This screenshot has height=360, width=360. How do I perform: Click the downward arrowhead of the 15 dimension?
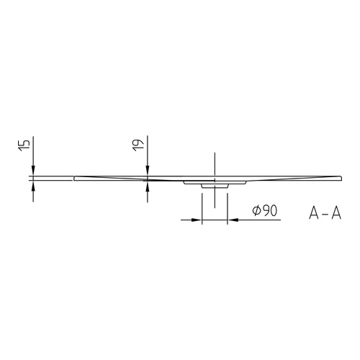(32, 171)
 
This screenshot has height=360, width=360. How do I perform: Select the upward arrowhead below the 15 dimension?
(32, 184)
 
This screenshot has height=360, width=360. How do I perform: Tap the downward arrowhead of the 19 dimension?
(148, 171)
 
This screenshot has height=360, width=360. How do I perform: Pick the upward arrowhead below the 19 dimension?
(148, 186)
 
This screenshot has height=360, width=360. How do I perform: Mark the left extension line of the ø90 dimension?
(202, 205)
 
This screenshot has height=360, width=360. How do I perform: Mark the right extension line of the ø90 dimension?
(228, 205)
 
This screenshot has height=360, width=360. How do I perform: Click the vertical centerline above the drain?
(215, 162)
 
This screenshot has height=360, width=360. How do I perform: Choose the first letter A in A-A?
(315, 212)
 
